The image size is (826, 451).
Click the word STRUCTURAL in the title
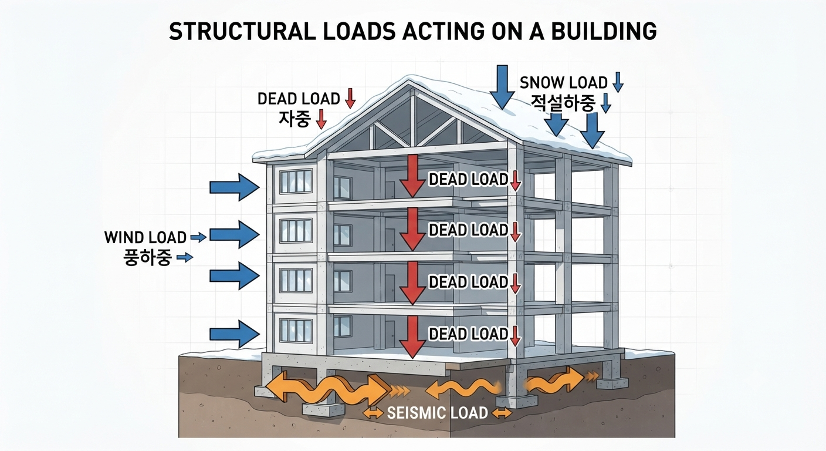[x=242, y=31]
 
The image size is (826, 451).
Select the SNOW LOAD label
[x=563, y=83]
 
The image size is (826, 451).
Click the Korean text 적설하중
[x=563, y=103]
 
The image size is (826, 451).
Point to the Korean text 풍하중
[x=147, y=257]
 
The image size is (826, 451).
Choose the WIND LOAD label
[x=145, y=237]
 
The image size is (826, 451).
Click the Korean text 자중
[x=294, y=119]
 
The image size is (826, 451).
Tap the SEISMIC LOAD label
[x=437, y=413]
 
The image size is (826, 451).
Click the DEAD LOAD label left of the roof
[x=299, y=99]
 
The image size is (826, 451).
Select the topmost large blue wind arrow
[x=235, y=187]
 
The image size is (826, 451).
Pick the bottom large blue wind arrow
[x=235, y=334]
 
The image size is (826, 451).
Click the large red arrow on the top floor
[x=412, y=176]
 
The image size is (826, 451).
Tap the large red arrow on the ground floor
[x=412, y=337]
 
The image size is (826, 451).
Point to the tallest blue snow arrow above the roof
[x=502, y=87]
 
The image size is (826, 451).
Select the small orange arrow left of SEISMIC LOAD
[x=373, y=413]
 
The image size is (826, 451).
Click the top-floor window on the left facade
[x=296, y=181]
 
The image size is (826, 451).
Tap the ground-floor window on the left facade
[x=296, y=331]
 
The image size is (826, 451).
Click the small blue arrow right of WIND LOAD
[x=198, y=237]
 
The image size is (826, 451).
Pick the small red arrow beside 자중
[x=321, y=119]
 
